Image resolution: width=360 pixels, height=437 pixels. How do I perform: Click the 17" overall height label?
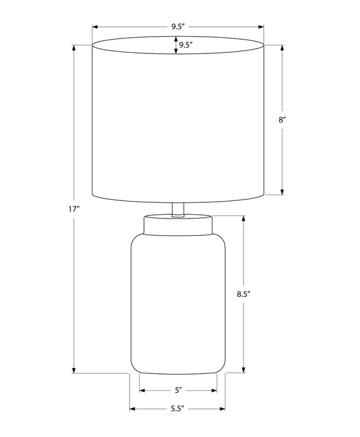pyautogui.click(x=74, y=209)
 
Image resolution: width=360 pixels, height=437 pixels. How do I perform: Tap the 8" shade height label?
pyautogui.click(x=282, y=120)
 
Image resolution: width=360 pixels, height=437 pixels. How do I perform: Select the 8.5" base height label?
pyautogui.click(x=244, y=294)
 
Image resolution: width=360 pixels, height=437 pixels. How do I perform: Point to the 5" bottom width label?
pyautogui.click(x=178, y=390)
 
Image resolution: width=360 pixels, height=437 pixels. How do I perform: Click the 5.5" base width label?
pyautogui.click(x=178, y=409)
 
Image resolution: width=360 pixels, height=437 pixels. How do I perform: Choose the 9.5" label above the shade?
pyautogui.click(x=178, y=27)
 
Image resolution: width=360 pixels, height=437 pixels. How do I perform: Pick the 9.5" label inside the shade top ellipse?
pyautogui.click(x=186, y=45)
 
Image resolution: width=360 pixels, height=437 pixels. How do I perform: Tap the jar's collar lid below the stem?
pyautogui.click(x=178, y=225)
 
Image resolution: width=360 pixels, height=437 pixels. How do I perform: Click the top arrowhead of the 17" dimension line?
pyautogui.click(x=74, y=47)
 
